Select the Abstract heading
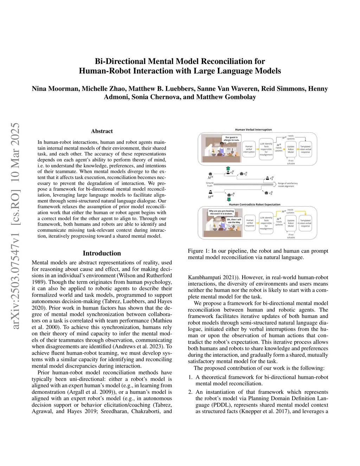click(x=102, y=131)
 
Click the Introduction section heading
click(x=102, y=253)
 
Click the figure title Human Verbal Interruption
click(x=253, y=129)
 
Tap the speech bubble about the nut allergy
click(x=232, y=139)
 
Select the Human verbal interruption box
click(x=249, y=149)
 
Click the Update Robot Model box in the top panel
click(x=291, y=149)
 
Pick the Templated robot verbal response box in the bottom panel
click(x=305, y=223)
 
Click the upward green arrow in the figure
click(x=228, y=168)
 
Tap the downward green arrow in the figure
click(x=229, y=199)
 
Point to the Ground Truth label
click(x=210, y=184)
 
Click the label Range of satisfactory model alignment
click(x=288, y=185)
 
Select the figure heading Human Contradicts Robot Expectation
click(x=255, y=204)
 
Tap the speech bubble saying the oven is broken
click(x=221, y=212)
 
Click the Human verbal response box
click(x=250, y=223)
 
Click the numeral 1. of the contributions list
click(x=190, y=377)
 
